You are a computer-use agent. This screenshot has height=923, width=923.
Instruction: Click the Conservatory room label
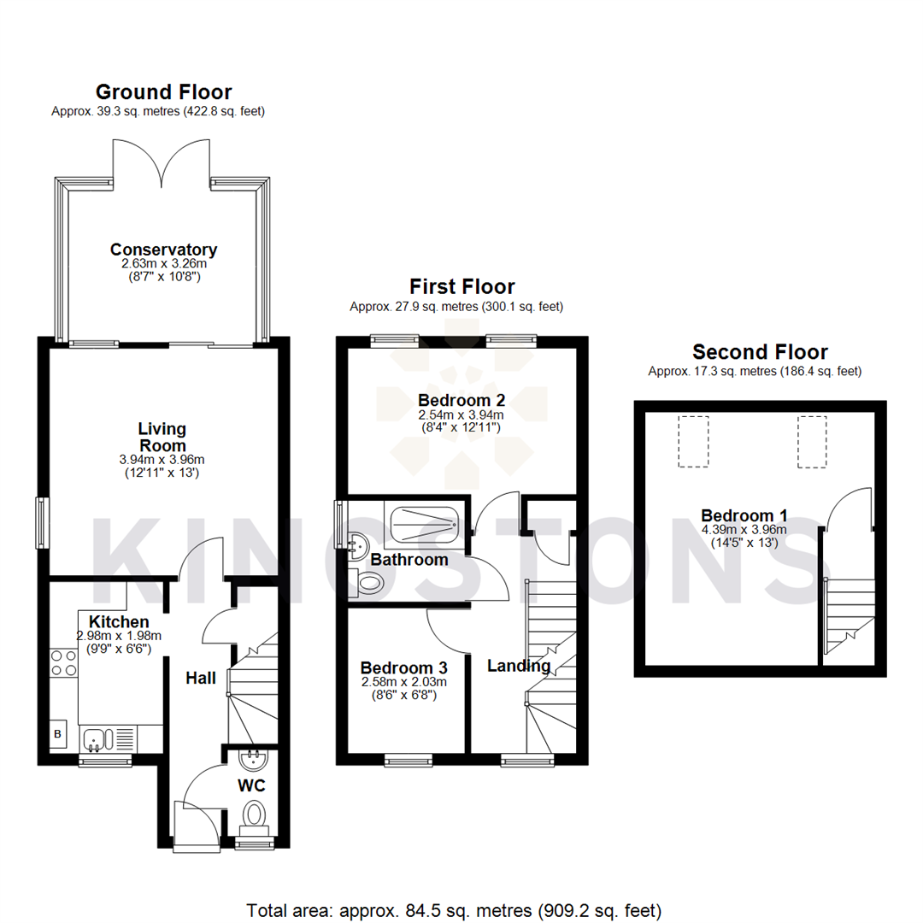[163, 250]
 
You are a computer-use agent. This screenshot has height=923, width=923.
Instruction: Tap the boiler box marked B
[58, 734]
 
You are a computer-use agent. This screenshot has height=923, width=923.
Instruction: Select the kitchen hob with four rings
[63, 663]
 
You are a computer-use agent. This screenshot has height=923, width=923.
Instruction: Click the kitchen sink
[96, 737]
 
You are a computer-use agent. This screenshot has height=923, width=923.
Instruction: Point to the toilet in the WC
[254, 815]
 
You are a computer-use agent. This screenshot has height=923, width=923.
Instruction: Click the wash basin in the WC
[254, 757]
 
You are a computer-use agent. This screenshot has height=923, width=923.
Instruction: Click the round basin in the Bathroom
[357, 539]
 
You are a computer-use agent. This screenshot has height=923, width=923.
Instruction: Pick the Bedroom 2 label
[461, 399]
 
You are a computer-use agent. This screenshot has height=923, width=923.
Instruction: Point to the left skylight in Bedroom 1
[693, 441]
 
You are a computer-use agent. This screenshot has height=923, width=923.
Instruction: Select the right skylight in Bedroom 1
[812, 441]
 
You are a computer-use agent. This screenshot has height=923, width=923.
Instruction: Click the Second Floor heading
[760, 352]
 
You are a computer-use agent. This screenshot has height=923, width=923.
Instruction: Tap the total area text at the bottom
[454, 909]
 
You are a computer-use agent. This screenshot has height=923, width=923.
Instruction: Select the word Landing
[519, 665]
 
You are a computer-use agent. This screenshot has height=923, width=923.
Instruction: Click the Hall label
[201, 678]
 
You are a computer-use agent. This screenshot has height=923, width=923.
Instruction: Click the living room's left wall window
[40, 522]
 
